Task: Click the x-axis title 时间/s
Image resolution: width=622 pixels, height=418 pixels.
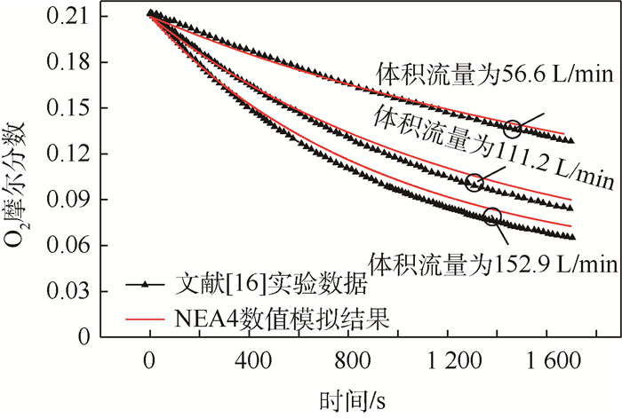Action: tap(353, 395)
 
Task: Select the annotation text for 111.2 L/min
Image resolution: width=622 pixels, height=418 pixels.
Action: tap(494, 146)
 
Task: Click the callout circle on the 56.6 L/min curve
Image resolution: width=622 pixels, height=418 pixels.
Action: tap(513, 128)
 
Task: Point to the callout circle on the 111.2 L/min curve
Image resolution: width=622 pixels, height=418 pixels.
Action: tap(474, 183)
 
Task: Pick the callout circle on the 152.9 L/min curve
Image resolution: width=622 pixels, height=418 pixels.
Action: tap(492, 216)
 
